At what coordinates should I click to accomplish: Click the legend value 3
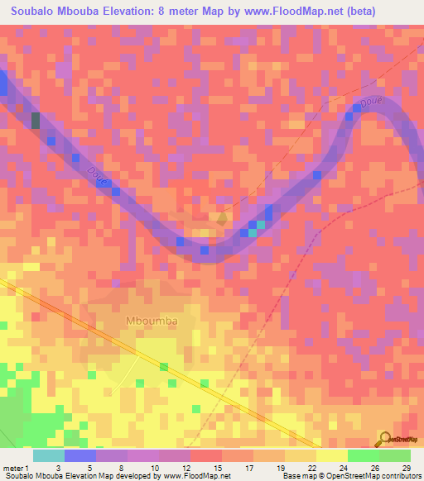pos(57,468)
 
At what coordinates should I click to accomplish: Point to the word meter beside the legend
pos(15,468)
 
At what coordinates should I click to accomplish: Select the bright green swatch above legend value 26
pos(363,455)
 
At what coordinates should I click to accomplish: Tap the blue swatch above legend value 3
pos(79,455)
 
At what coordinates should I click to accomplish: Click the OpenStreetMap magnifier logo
pos(383,440)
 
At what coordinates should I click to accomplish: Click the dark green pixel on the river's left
pos(36,121)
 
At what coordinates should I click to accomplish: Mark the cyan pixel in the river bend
pos(261,224)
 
